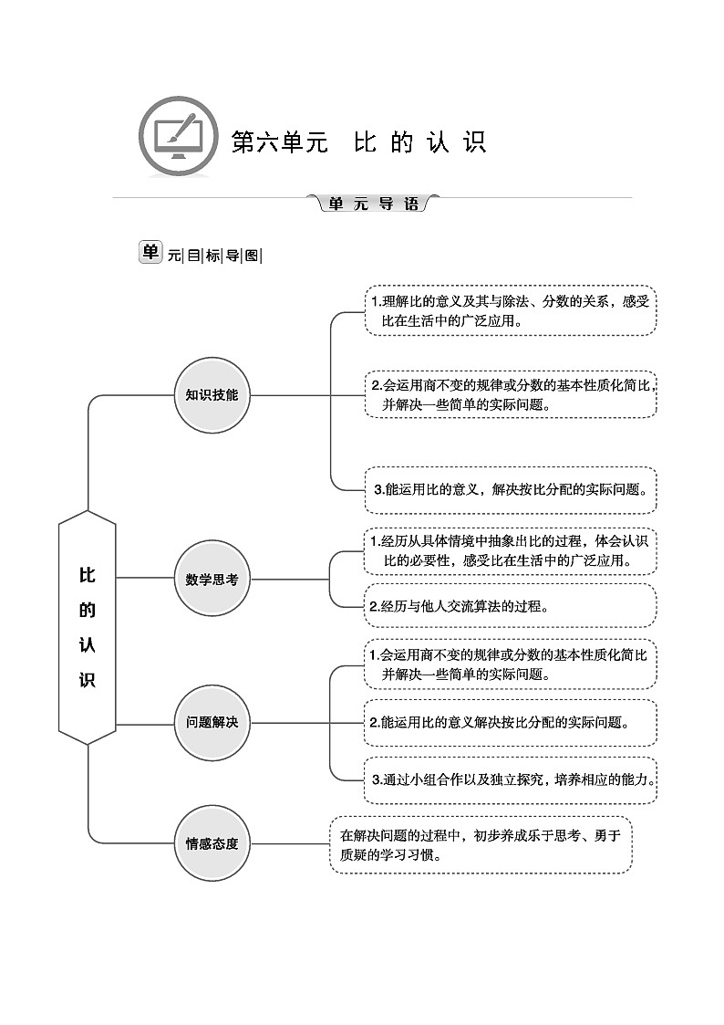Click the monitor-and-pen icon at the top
178,138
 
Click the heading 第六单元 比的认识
358,143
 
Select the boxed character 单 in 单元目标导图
150,253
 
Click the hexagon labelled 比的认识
88,627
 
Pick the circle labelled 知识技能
212,395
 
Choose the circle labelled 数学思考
212,579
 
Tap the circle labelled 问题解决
212,722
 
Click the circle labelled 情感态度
212,843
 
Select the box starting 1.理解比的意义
510,310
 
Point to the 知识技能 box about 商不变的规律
510,393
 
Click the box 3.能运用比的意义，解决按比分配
510,488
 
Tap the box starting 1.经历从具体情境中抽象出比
510,550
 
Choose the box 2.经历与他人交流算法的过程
510,605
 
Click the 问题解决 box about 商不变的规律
510,664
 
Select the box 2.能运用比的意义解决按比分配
510,722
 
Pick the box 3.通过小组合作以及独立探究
510,779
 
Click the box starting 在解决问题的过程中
481,845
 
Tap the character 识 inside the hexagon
88,679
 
